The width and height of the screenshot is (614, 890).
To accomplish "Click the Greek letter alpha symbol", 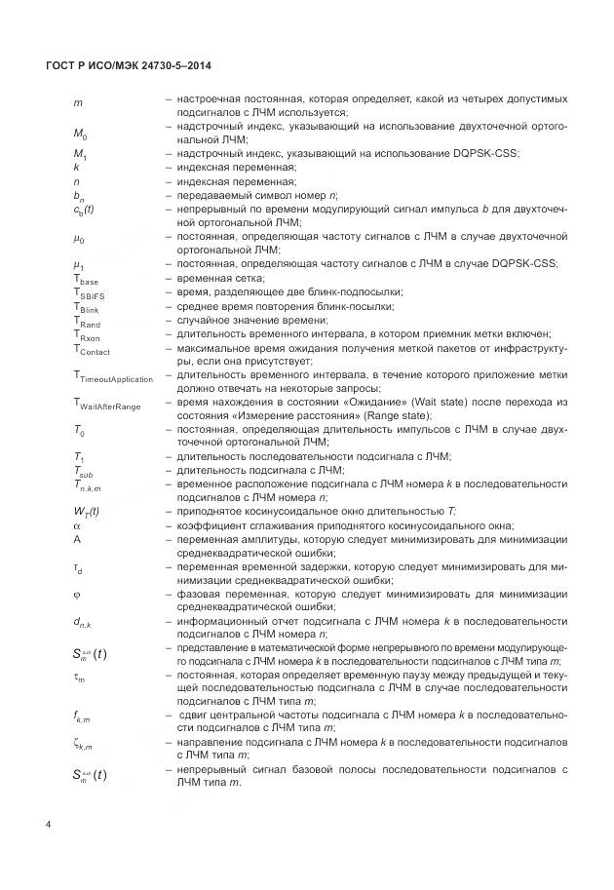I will pyautogui.click(x=76, y=524).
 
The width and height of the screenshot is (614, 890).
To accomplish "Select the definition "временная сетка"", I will pyautogui.click(x=215, y=279).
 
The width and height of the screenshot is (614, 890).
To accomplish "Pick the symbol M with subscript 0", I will pyautogui.click(x=80, y=133).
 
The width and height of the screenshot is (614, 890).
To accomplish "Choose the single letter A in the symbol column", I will pyautogui.click(x=76, y=538).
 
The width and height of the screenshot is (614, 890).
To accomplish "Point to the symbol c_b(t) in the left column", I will pyautogui.click(x=84, y=210).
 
